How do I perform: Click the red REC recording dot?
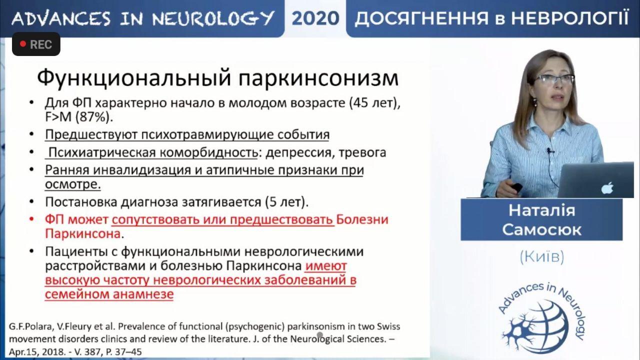point(23,44)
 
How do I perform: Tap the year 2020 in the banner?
point(315,18)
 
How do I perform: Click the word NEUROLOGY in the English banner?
point(213,18)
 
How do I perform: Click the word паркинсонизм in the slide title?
point(318,78)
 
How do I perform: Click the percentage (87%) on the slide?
point(94,117)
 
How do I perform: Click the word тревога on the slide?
point(362,152)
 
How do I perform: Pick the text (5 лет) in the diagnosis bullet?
point(286,202)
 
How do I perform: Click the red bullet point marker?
point(31,219)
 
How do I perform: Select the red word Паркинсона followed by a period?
point(84,234)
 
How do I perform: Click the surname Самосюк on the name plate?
point(541,230)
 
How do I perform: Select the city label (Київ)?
point(542,256)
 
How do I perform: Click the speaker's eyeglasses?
point(554,79)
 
